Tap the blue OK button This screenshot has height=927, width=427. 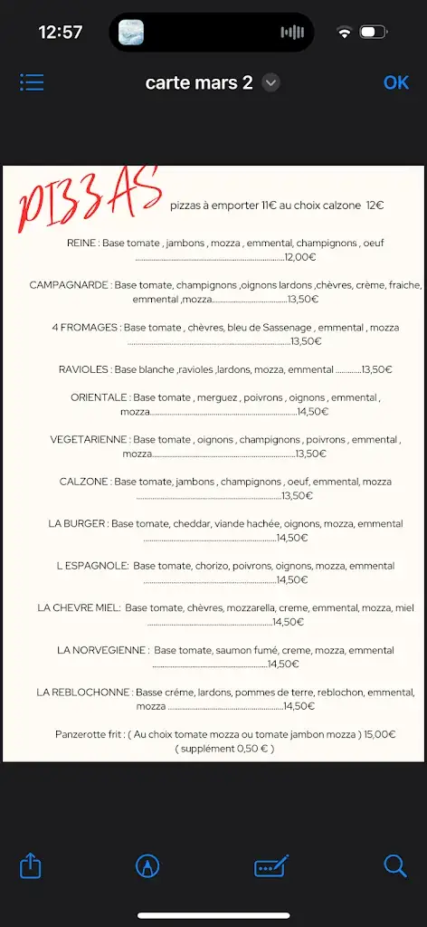396,82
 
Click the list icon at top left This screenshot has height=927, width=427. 32,82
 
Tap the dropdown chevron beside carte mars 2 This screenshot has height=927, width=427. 270,82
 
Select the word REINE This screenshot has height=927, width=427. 81,244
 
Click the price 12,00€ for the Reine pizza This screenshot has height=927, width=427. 300,257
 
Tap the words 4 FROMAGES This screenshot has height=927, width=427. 85,328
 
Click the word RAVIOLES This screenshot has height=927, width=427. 84,369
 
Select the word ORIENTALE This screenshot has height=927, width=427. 100,397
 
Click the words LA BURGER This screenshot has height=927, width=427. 78,523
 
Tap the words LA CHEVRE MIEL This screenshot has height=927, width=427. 79,608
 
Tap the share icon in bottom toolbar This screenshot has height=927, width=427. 31,866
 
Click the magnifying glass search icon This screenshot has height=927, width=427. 395,866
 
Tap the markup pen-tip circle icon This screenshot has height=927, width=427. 147,866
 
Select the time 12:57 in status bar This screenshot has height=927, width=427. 61,33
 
